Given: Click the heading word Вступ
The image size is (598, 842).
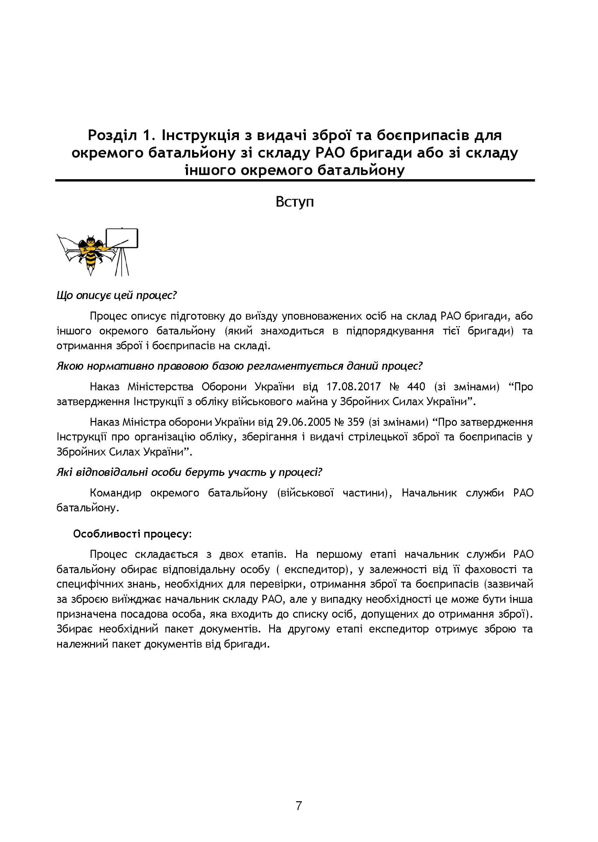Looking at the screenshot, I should pos(294,202).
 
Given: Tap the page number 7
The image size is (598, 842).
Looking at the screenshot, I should pos(298,806).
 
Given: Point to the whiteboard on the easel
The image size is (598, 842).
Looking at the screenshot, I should pos(122,238).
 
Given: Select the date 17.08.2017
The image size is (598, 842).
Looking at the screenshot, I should pos(353,387).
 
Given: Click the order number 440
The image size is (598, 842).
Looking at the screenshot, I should pos(416,387).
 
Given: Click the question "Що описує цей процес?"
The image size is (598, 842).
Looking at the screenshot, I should pos(117,295).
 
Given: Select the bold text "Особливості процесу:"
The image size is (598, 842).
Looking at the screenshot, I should pos(132,534).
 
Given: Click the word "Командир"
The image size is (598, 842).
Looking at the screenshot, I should pos(115,493).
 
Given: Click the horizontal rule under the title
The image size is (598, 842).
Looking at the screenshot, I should pos(294,180).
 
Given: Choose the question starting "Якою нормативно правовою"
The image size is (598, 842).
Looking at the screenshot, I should pos(239,366).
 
